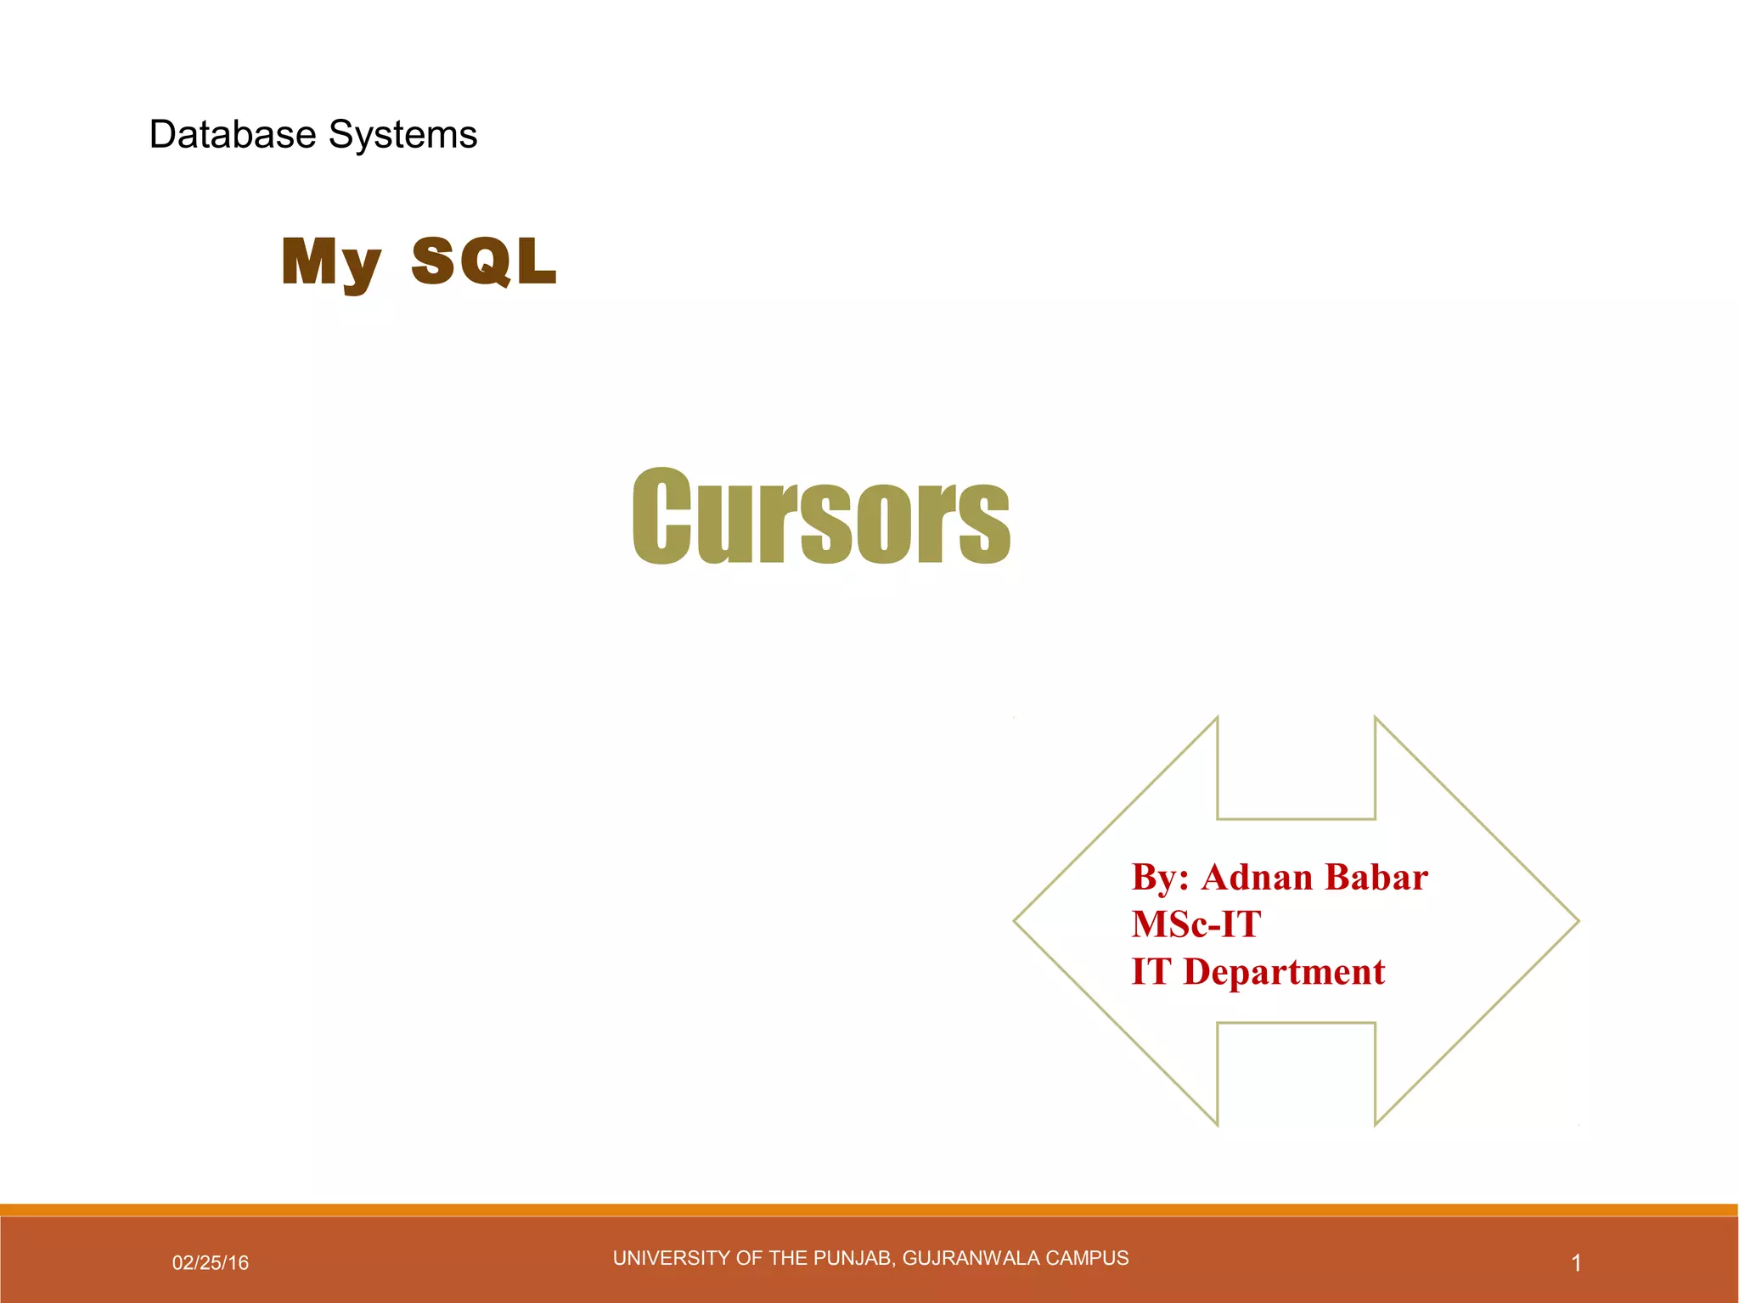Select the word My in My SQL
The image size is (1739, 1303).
point(331,262)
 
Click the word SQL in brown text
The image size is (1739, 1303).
point(484,261)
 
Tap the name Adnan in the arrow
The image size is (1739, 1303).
point(1257,877)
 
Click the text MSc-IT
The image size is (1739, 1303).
point(1196,924)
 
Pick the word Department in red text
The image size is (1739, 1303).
point(1284,972)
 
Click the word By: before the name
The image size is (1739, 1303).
point(1160,878)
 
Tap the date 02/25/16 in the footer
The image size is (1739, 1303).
point(211,1262)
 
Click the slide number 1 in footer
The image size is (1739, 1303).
point(1576,1263)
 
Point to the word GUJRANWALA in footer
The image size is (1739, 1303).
point(970,1258)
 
